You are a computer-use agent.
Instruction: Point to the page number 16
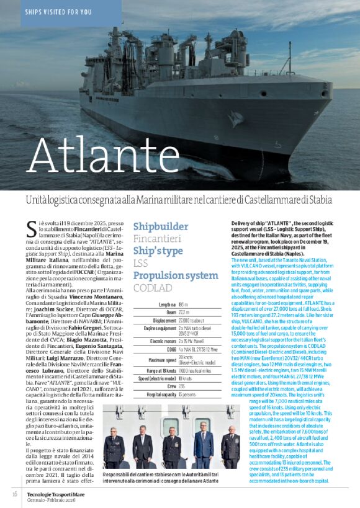(x=14, y=493)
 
